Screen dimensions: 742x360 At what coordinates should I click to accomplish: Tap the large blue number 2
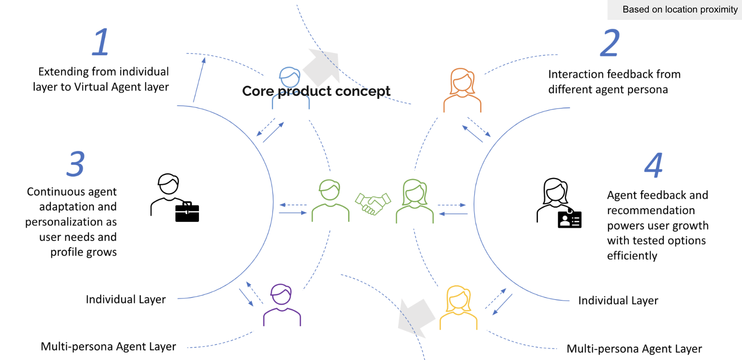[610, 43]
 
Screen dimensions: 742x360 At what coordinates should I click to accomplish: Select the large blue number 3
[76, 164]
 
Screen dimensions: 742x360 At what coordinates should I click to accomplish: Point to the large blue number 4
[654, 165]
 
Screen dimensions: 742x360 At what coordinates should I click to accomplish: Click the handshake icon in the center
[373, 204]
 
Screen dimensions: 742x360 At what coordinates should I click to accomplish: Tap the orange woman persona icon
[462, 90]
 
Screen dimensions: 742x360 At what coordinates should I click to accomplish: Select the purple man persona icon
[282, 305]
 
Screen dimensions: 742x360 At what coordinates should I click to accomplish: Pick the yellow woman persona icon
[458, 307]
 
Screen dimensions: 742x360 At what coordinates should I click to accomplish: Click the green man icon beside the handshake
[330, 201]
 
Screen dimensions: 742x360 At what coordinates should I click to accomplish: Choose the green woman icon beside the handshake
[415, 201]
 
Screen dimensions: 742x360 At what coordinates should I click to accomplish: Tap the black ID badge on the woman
[569, 219]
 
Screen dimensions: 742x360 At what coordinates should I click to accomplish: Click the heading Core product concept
[316, 91]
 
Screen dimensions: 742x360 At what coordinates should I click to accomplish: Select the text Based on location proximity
[680, 9]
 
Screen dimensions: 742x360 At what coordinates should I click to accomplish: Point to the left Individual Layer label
[126, 300]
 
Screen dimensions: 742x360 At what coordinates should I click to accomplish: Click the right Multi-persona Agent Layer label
[634, 349]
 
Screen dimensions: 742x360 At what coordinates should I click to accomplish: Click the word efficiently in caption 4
[632, 256]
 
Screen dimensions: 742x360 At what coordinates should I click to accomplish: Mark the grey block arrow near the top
[322, 67]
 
